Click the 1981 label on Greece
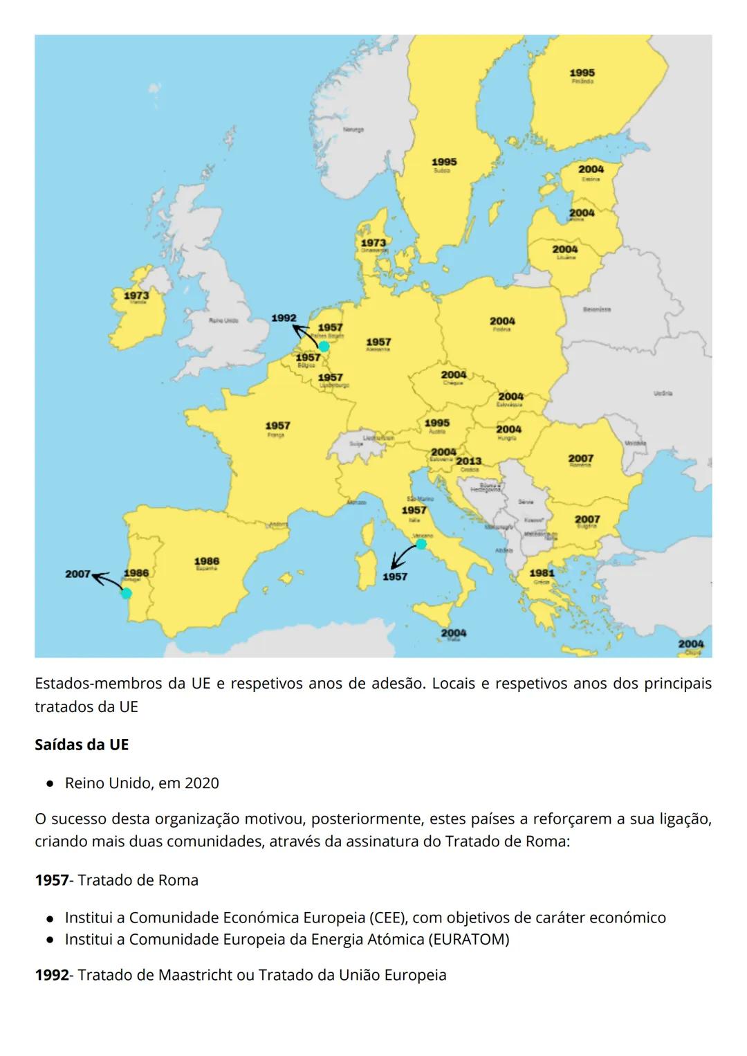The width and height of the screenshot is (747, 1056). (x=542, y=573)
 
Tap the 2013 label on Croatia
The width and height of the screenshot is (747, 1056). (x=469, y=461)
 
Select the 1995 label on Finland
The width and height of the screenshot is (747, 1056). (x=582, y=73)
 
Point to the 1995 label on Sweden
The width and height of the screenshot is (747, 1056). (x=444, y=162)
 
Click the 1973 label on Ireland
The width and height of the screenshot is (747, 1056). (x=136, y=295)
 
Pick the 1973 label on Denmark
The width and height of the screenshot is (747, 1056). (x=373, y=243)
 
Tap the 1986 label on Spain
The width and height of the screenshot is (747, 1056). (x=207, y=561)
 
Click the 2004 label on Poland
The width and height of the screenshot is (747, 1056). (x=503, y=321)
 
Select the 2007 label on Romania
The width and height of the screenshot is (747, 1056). (x=581, y=458)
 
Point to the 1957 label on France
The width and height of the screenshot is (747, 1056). (x=277, y=426)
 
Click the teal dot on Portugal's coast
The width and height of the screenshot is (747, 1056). (x=126, y=593)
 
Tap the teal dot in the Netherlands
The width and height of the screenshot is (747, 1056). (x=324, y=346)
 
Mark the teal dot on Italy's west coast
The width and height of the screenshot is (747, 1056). (x=421, y=544)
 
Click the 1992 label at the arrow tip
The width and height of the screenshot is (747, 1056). (x=284, y=318)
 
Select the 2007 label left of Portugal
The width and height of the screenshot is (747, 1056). (x=77, y=574)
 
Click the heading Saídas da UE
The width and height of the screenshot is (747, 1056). (x=82, y=745)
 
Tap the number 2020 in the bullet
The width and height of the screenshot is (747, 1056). (x=201, y=783)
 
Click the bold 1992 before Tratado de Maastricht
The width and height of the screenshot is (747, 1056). (x=52, y=975)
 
